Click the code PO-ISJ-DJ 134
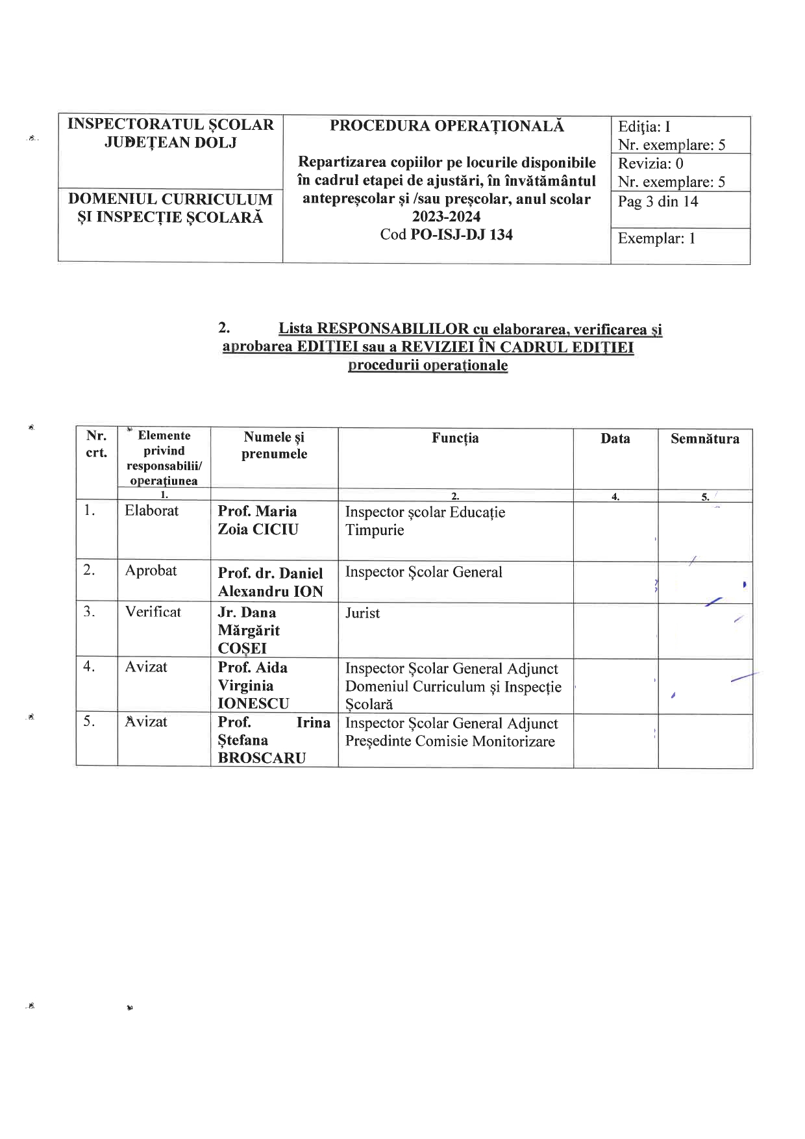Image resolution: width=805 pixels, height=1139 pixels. click(x=462, y=235)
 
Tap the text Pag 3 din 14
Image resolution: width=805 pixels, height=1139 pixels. click(x=658, y=201)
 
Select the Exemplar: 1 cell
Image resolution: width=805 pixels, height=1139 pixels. click(x=656, y=238)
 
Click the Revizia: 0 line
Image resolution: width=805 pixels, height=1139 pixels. click(x=650, y=164)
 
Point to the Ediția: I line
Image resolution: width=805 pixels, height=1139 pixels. click(x=643, y=127)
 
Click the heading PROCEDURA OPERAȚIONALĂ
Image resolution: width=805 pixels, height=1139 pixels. click(x=447, y=126)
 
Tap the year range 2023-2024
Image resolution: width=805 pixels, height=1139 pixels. click(x=446, y=217)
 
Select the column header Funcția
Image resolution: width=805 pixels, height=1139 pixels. click(x=455, y=438)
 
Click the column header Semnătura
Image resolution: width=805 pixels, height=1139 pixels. click(x=704, y=439)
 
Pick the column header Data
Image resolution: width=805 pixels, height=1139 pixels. click(x=615, y=439)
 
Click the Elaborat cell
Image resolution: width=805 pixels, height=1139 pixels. click(x=151, y=511)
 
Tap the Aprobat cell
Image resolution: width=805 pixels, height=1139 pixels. click(x=151, y=571)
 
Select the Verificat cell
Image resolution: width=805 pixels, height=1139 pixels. click(x=153, y=612)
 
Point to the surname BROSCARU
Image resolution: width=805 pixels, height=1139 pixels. click(x=262, y=758)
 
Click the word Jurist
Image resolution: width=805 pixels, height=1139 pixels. click(x=362, y=613)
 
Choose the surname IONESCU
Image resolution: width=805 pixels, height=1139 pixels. click(x=253, y=703)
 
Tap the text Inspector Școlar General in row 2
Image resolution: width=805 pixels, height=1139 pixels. click(x=423, y=572)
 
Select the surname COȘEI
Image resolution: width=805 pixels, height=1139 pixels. click(x=242, y=648)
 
